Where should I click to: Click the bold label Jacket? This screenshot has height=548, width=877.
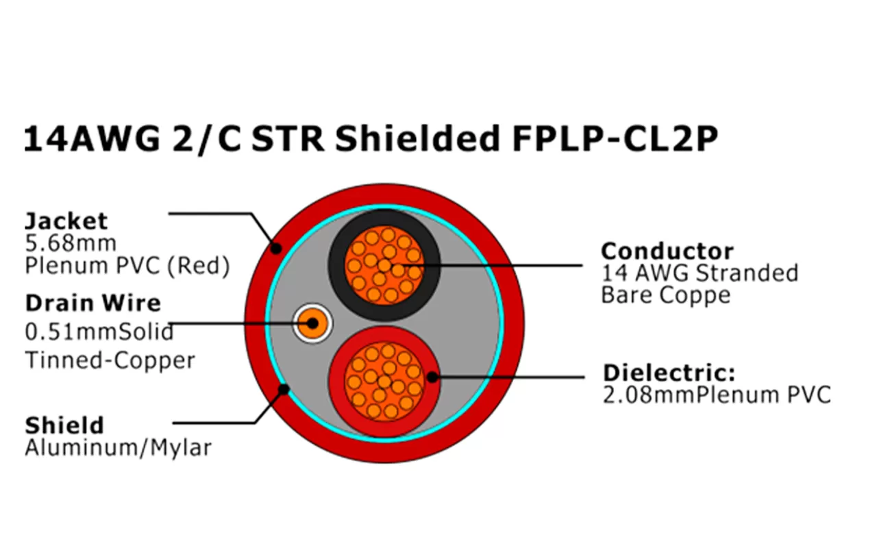point(66,221)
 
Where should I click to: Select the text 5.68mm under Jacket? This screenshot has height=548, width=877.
point(71,243)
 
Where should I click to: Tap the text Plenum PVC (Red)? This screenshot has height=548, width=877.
point(127,266)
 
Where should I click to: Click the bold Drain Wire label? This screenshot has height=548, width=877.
point(93,303)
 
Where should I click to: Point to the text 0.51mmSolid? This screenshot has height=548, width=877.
point(99,332)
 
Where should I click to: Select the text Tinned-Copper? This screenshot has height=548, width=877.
point(110,360)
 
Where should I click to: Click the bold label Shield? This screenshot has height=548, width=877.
point(64,425)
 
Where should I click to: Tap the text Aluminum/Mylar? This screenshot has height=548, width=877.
point(118,448)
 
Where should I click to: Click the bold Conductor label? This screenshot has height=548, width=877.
point(667,251)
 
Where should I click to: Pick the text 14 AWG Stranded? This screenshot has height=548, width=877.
point(700,273)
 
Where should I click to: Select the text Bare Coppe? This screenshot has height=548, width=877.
point(665,295)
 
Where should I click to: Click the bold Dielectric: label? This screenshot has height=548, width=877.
point(669,374)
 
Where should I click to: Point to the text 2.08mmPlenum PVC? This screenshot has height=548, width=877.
point(716,395)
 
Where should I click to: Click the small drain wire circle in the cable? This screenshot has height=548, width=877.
point(312,322)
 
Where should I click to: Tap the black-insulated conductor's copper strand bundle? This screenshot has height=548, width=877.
point(383,265)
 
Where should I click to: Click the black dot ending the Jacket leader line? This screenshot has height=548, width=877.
point(275,248)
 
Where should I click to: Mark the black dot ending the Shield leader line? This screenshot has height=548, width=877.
point(282,390)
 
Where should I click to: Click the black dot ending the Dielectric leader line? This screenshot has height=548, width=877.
point(432,376)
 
